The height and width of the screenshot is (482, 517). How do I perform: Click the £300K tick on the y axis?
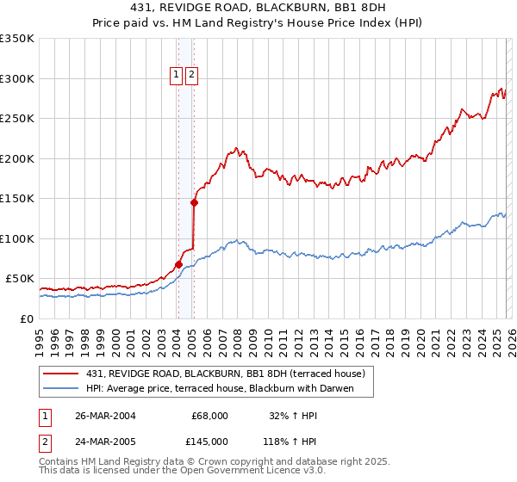tap(17, 78)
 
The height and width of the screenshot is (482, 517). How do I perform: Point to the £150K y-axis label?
tap(17, 198)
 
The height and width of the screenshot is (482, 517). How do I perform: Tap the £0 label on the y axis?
tap(28, 318)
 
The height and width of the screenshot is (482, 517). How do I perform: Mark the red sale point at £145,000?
tap(194, 203)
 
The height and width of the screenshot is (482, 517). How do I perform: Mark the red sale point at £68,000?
tap(178, 264)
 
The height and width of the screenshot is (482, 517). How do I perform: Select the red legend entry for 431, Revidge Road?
tap(226, 374)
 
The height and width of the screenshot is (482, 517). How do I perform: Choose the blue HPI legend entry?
tap(229, 388)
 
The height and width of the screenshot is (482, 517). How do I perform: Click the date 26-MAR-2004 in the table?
tap(106, 416)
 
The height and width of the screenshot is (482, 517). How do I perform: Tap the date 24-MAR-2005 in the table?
tap(106, 441)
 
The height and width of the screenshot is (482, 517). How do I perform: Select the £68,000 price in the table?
tap(209, 416)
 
